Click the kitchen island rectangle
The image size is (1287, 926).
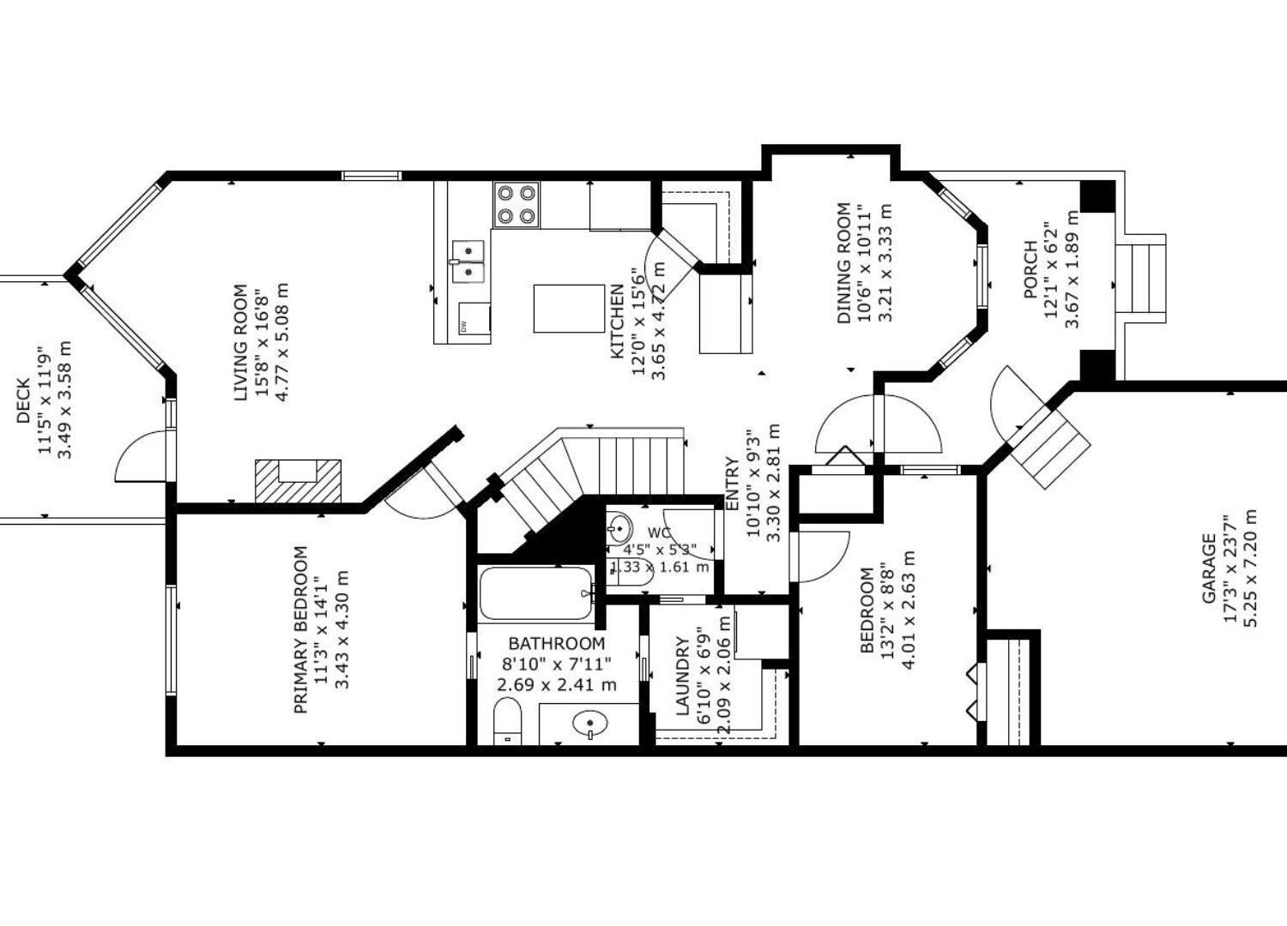569,308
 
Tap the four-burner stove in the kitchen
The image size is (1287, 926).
517,205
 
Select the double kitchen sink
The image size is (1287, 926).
468,261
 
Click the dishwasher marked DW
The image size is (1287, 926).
474,319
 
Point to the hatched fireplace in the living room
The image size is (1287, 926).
298,480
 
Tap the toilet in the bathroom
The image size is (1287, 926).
507,721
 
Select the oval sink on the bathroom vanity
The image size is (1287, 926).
589,725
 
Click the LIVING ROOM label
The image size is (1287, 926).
241,342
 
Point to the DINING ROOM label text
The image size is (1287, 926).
844,263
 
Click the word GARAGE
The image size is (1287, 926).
1209,568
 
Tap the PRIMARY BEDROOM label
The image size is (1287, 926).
300,630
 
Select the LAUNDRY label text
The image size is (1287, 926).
683,676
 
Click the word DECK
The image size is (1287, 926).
23,400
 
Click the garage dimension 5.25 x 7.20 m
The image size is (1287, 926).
1248,568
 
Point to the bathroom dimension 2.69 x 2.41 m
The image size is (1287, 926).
557,685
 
